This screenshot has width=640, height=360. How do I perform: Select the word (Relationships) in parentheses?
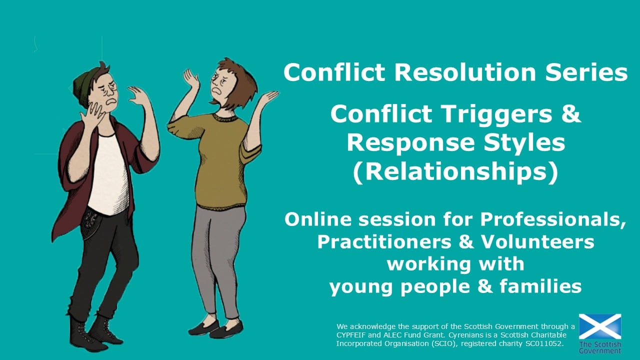pos(455,171)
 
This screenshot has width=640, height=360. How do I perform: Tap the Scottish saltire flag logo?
pos(600,326)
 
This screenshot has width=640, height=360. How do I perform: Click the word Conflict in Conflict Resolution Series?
pos(334,72)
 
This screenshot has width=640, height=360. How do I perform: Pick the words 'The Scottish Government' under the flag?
pos(600,347)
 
